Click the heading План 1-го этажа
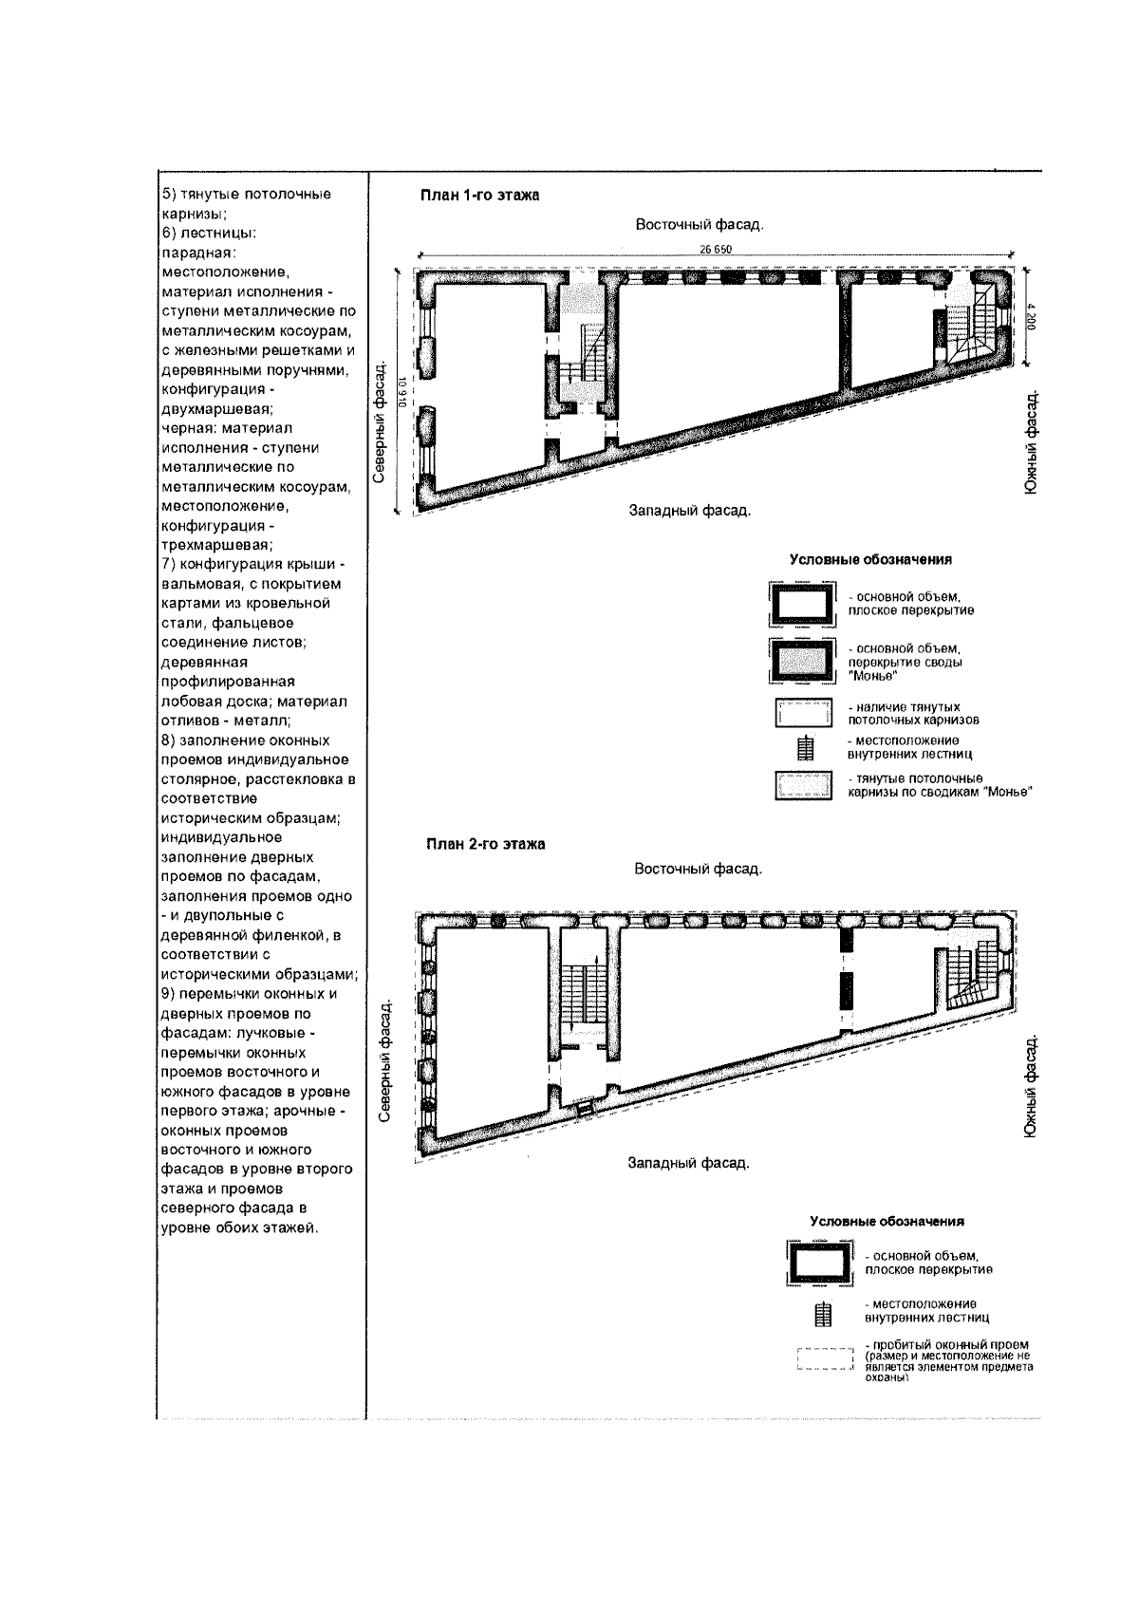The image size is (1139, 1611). (479, 196)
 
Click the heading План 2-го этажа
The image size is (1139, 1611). (484, 845)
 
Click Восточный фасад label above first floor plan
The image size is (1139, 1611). (700, 225)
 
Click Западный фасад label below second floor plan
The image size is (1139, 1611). (689, 1162)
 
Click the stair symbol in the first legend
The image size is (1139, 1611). (806, 748)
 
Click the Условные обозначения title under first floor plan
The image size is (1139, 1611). (870, 560)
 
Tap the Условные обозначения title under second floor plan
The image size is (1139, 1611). (887, 1221)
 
